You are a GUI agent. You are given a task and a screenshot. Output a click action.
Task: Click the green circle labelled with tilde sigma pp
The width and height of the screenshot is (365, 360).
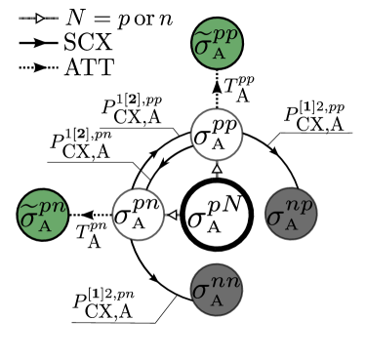pyautogui.click(x=217, y=43)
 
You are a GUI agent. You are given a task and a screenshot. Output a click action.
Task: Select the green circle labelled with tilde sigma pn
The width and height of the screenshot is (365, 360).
pyautogui.click(x=43, y=215)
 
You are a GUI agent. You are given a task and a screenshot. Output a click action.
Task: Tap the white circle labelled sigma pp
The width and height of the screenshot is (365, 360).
pyautogui.click(x=216, y=134)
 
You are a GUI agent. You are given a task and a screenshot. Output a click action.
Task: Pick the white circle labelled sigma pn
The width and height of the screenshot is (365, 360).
pyautogui.click(x=138, y=214)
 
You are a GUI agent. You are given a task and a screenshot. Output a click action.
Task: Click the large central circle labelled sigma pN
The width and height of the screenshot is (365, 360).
pyautogui.click(x=217, y=215)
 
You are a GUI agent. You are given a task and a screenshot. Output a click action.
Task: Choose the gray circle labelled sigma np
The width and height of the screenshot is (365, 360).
pyautogui.click(x=291, y=214)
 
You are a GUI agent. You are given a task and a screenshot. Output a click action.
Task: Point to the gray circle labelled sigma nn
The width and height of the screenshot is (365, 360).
pyautogui.click(x=216, y=289)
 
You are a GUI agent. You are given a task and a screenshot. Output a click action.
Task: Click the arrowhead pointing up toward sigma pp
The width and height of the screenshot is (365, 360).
pyautogui.click(x=217, y=170)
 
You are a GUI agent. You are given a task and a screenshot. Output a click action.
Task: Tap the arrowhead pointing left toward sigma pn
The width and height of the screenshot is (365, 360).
pyautogui.click(x=173, y=215)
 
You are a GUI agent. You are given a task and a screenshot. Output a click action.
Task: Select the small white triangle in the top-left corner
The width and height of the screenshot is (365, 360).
pyautogui.click(x=40, y=18)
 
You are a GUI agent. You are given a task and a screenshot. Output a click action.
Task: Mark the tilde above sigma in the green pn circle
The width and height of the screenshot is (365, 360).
pyautogui.click(x=30, y=204)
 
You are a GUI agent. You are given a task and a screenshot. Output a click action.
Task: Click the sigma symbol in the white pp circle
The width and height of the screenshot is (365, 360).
pyautogui.click(x=202, y=136)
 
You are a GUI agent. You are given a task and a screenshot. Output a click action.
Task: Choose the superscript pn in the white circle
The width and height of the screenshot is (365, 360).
pyautogui.click(x=149, y=206)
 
